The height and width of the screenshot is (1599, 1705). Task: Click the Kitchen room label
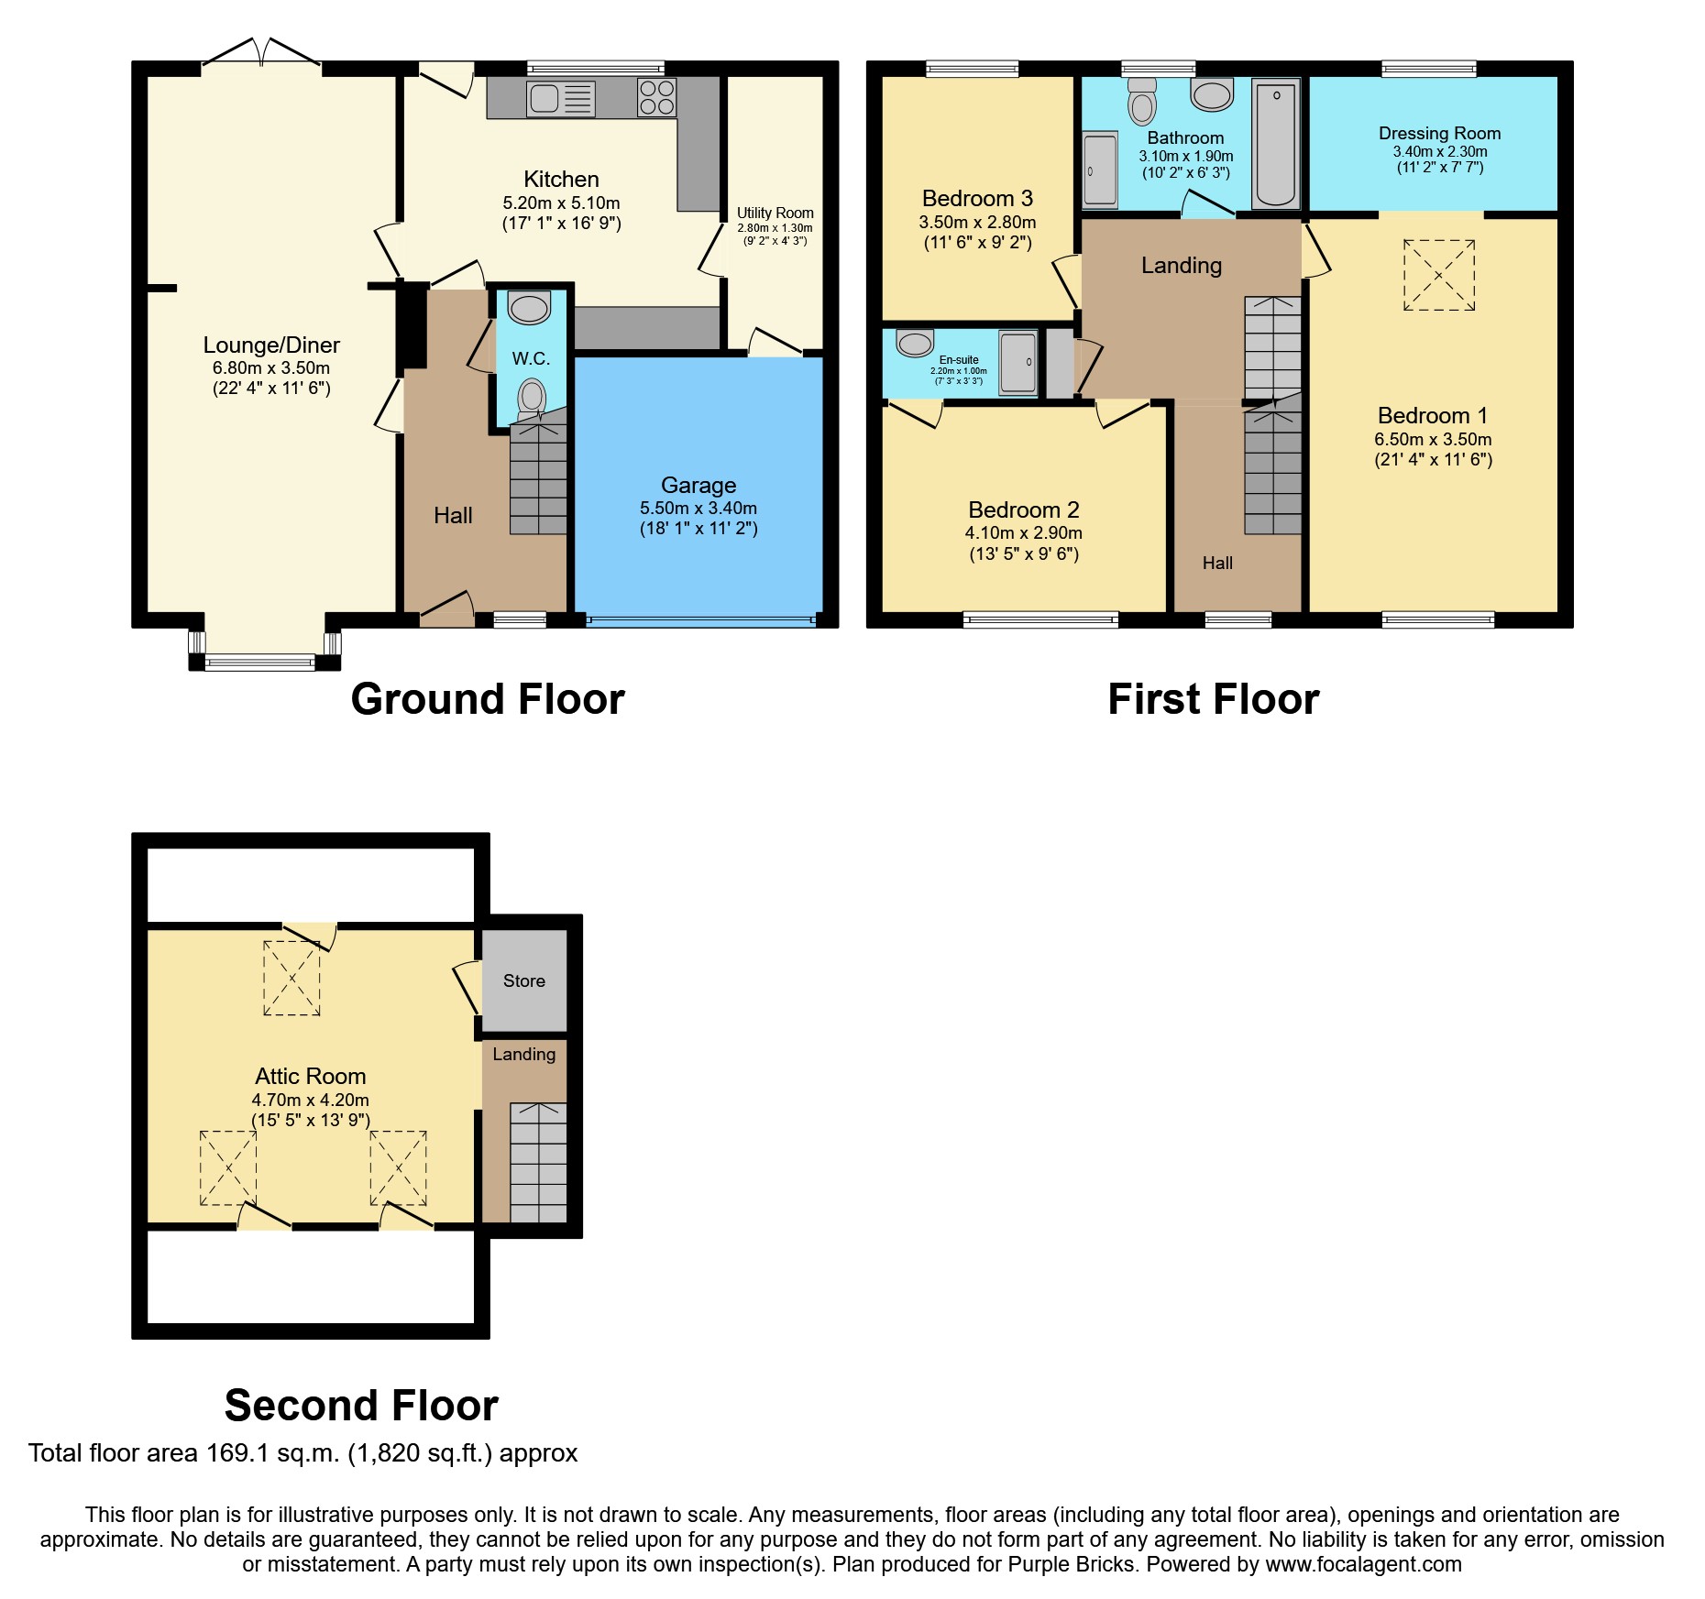click(x=561, y=179)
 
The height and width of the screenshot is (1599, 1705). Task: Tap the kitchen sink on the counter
click(x=561, y=99)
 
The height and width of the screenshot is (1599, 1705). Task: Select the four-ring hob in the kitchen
click(x=657, y=98)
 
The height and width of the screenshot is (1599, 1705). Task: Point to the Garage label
click(x=698, y=485)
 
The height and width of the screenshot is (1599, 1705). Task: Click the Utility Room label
click(x=775, y=213)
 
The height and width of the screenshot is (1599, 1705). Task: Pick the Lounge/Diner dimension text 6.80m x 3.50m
click(x=271, y=367)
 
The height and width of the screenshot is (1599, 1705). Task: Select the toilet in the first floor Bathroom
click(x=1142, y=101)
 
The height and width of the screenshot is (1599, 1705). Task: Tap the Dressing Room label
click(x=1440, y=133)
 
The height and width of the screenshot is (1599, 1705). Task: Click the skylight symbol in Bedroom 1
click(x=1439, y=275)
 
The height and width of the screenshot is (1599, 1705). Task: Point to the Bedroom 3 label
click(x=977, y=198)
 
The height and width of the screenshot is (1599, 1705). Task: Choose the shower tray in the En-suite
click(x=1018, y=362)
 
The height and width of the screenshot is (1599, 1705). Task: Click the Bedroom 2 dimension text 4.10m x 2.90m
click(x=1024, y=532)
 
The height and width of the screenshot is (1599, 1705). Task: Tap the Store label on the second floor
click(x=524, y=980)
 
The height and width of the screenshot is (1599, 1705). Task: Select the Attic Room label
click(x=311, y=1076)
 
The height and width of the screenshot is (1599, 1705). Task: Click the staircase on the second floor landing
click(x=539, y=1163)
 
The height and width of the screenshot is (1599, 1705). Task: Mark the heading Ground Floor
click(x=488, y=699)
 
